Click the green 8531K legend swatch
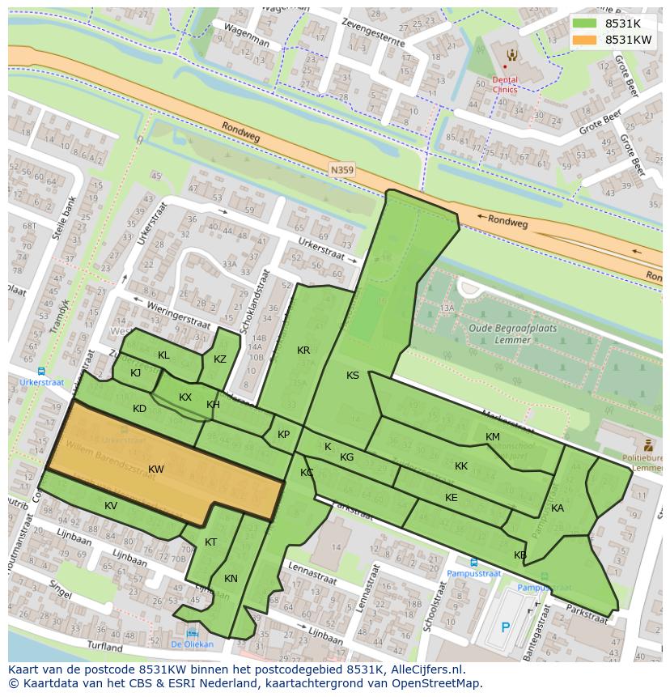pyautogui.click(x=585, y=24)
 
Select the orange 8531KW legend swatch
pyautogui.click(x=585, y=40)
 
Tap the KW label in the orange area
pyautogui.click(x=156, y=470)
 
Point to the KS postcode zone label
pyautogui.click(x=353, y=376)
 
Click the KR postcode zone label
pyautogui.click(x=303, y=351)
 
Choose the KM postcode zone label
pyautogui.click(x=492, y=437)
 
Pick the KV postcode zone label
pyautogui.click(x=111, y=506)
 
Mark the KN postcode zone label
pyautogui.click(x=231, y=579)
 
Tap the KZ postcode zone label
pyautogui.click(x=220, y=359)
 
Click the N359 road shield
pyautogui.click(x=341, y=170)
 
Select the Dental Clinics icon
pyautogui.click(x=511, y=55)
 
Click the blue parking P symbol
pyautogui.click(x=506, y=627)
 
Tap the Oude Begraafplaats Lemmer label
pyautogui.click(x=500, y=334)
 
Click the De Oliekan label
pyautogui.click(x=192, y=644)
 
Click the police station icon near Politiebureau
pyautogui.click(x=648, y=444)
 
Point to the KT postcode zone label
pyautogui.click(x=210, y=542)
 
